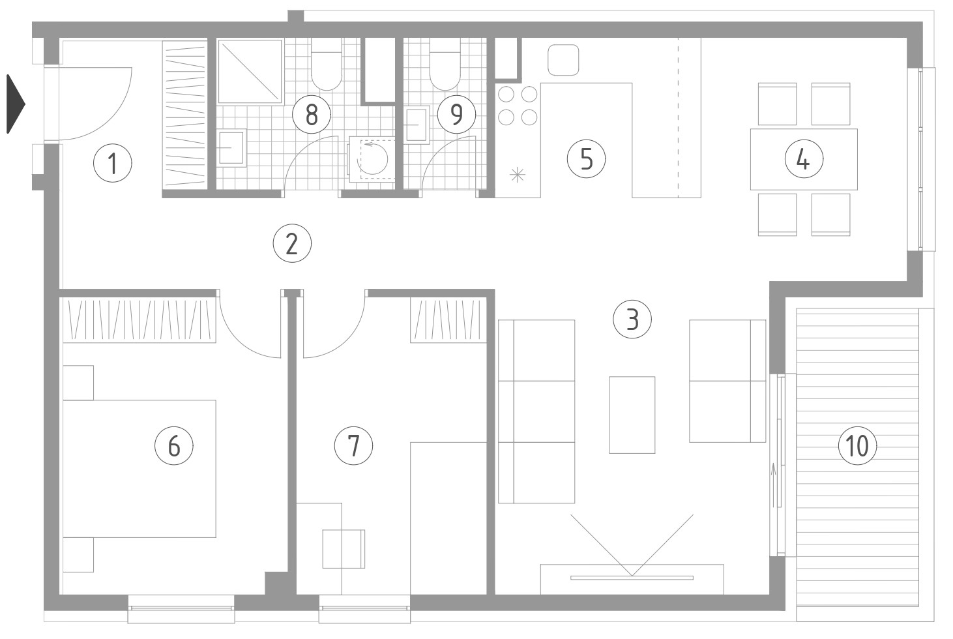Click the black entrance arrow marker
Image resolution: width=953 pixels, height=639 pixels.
[16, 104]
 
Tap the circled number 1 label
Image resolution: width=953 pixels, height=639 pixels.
[113, 164]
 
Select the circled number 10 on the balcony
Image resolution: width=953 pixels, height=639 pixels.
[857, 446]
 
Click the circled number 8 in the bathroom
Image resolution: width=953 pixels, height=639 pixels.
[312, 115]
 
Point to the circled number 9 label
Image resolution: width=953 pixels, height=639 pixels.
[456, 114]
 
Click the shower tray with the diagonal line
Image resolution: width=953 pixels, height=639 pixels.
[250, 72]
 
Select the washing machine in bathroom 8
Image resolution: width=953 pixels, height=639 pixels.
[372, 159]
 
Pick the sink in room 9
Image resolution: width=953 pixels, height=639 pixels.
[417, 125]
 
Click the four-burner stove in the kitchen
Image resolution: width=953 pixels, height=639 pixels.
[518, 106]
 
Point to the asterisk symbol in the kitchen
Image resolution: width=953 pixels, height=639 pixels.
[518, 175]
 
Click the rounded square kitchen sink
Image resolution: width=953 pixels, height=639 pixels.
[563, 60]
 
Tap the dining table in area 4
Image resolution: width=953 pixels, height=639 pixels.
[804, 159]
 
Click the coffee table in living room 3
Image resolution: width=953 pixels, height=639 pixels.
[632, 415]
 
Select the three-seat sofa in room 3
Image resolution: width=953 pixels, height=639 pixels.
[536, 411]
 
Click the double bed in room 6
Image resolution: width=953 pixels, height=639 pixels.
[139, 468]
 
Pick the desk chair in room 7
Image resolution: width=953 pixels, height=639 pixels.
[344, 549]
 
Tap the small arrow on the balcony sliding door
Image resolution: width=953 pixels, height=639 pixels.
[774, 484]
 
